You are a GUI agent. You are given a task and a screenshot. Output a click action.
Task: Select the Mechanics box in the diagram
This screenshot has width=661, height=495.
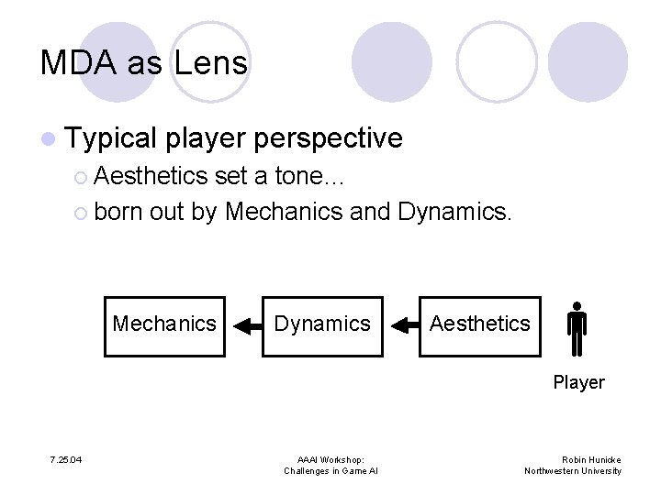coord(164,324)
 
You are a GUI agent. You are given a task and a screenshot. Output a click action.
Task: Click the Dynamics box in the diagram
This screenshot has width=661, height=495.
coord(322,324)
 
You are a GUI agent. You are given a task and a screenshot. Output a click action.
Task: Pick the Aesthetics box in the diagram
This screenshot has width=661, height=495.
coord(479,324)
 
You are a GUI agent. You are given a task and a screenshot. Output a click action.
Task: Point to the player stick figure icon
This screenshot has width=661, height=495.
coord(577,328)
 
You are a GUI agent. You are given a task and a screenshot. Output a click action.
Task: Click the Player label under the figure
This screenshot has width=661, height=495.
coord(578,382)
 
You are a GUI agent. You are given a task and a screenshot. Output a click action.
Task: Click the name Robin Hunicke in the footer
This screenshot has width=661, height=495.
coord(591,459)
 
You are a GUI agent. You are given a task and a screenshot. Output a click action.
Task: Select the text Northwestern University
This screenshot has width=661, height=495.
coord(573,471)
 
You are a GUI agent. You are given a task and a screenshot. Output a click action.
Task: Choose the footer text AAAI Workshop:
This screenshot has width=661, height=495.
coord(330,459)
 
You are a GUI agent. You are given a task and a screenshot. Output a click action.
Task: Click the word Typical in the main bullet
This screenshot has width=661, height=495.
coord(112,138)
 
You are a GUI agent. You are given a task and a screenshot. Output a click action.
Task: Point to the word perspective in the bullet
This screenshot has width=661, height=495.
coord(328,138)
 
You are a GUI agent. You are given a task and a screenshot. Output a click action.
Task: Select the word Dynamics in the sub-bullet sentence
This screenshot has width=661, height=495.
coord(454,211)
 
